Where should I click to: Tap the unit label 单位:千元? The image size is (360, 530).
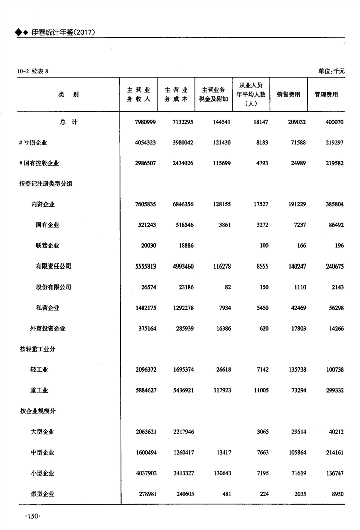click(331, 71)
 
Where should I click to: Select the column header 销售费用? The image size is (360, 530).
click(289, 94)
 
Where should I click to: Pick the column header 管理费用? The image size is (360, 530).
click(326, 94)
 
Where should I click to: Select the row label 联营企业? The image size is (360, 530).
click(47, 246)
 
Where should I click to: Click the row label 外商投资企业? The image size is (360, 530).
click(48, 328)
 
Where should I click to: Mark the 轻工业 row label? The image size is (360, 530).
click(39, 370)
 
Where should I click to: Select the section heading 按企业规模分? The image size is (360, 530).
click(38, 411)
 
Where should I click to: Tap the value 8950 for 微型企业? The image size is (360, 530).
click(335, 494)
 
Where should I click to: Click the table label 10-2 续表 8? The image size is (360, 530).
click(32, 71)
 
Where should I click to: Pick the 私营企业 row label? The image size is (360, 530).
click(47, 308)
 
